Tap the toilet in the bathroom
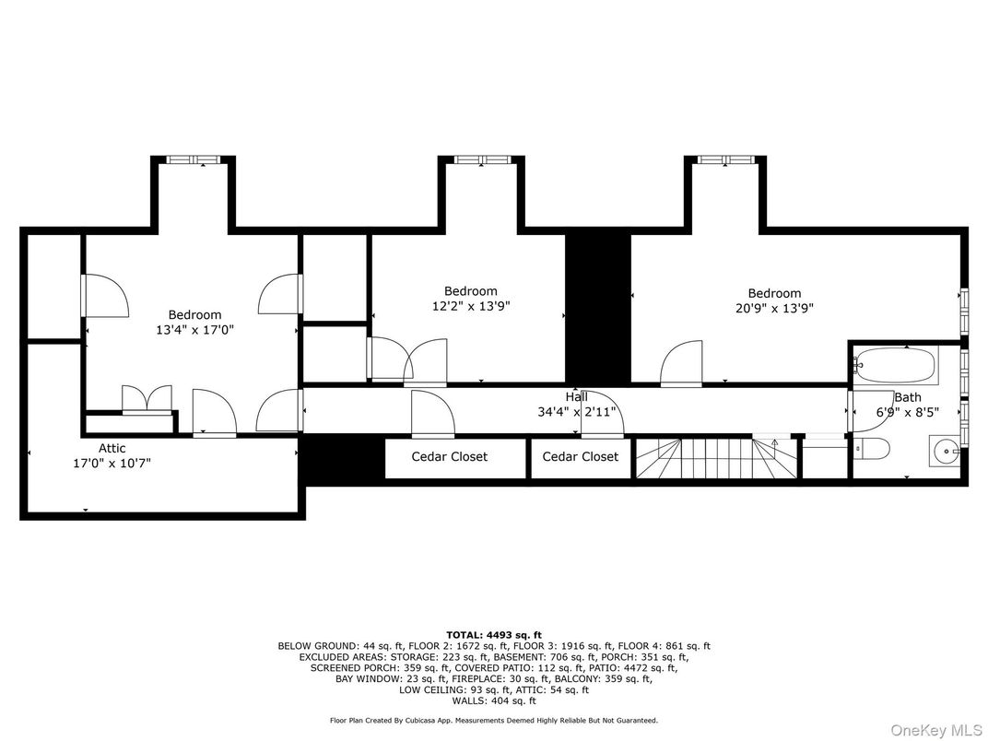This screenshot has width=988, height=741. (x=872, y=449)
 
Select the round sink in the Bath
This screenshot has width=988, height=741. (x=946, y=452)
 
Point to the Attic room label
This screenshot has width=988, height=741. (x=112, y=448)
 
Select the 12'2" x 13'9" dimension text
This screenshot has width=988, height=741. (x=471, y=306)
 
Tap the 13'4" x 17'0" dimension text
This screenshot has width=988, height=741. (x=195, y=330)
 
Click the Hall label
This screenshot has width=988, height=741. (x=577, y=396)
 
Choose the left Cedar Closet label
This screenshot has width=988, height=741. (x=449, y=456)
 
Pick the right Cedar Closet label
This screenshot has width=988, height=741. (x=581, y=456)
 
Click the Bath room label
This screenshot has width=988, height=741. (x=908, y=397)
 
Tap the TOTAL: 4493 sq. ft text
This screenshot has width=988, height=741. (x=494, y=635)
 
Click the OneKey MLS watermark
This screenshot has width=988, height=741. (x=935, y=730)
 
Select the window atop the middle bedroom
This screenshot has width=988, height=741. (x=482, y=159)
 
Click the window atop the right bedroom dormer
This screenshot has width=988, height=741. (x=725, y=159)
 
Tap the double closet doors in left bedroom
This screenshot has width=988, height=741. (x=147, y=399)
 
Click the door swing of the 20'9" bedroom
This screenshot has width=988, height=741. (x=681, y=363)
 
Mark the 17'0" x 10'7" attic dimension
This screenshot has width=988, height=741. (x=112, y=464)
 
